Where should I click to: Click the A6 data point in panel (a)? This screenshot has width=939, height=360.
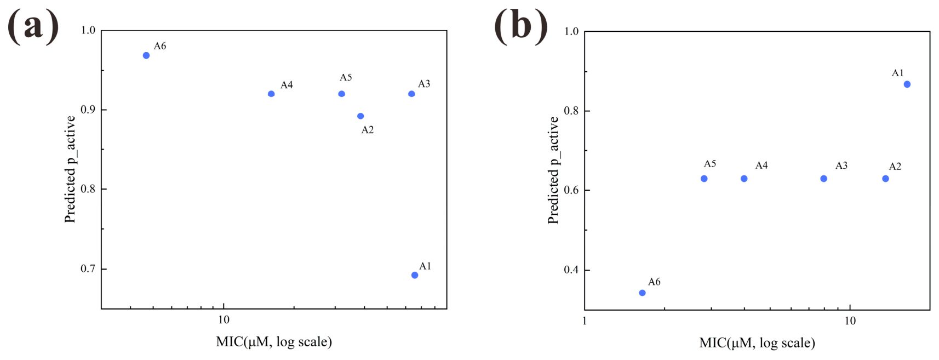point(146,55)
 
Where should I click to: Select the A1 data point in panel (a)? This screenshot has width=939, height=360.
point(415,275)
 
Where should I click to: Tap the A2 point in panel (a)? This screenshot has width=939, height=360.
point(360,116)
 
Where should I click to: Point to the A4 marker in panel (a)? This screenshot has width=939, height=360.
point(271,94)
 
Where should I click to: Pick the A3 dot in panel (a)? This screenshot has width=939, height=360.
point(411,94)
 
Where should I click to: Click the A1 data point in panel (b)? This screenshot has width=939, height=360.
point(907,84)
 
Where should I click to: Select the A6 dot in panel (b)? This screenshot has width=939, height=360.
point(642,293)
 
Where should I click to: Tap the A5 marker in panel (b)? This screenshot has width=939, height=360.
point(704,179)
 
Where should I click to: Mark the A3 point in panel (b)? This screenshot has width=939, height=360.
point(824,179)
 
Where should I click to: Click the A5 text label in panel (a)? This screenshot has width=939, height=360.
point(346,77)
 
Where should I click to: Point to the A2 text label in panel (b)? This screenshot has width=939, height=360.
point(895,167)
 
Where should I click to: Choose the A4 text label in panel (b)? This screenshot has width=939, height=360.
point(761,165)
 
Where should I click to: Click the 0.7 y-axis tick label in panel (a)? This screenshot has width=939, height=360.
point(88,268)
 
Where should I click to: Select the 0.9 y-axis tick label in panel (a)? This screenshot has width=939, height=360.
point(88,110)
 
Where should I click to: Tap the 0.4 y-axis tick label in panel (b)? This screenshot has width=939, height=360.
point(571,270)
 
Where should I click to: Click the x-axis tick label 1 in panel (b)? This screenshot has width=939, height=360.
point(585,321)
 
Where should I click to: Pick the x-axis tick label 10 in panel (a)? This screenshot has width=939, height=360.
point(224,320)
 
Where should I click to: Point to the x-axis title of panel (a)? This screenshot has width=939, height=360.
point(274,342)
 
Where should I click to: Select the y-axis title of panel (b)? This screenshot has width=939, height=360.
point(553,170)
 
